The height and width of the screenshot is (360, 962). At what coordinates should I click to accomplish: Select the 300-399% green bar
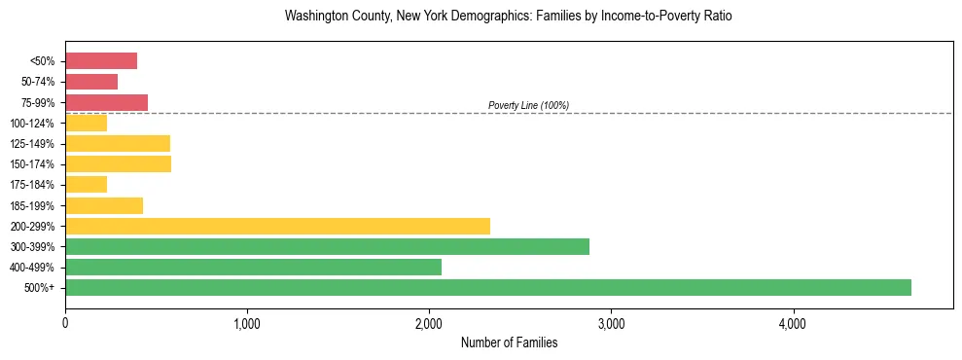327,246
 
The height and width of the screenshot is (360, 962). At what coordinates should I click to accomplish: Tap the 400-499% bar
253,267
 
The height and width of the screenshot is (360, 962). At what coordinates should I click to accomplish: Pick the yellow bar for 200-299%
277,226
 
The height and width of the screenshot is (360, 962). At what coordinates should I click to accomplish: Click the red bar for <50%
101,61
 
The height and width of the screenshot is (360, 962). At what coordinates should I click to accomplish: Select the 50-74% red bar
91,82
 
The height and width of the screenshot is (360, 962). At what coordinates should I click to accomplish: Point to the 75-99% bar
106,102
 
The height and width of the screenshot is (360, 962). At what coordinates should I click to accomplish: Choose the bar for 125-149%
118,143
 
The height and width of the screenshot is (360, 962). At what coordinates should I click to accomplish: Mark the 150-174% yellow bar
118,163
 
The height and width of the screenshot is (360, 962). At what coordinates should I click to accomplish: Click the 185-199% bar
104,205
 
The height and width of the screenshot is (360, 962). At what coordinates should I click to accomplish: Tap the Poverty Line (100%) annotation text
528,105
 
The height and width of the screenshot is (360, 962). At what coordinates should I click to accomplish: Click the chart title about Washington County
507,17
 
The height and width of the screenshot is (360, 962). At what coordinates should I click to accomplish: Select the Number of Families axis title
509,342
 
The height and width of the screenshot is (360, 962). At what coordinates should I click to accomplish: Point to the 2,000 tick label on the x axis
429,324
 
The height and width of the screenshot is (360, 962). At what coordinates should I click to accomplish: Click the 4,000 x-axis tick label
793,324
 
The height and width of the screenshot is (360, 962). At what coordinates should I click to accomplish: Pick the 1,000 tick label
247,324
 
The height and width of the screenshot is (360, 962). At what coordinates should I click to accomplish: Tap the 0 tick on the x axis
65,324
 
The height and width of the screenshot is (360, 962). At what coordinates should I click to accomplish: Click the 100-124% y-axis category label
33,124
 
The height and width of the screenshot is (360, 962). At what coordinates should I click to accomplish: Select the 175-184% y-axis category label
33,185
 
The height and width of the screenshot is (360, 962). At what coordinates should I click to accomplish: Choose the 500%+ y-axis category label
40,288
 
